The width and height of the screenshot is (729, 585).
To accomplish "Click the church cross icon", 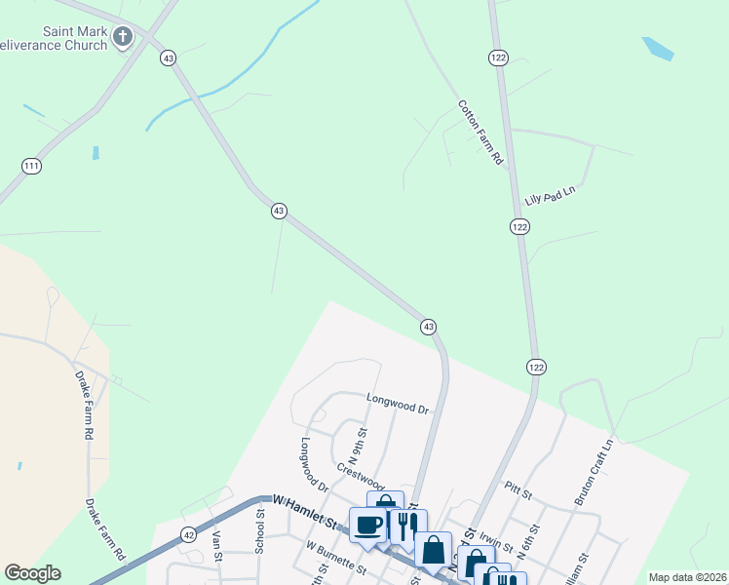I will click(x=122, y=38).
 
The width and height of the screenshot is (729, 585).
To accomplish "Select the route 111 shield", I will click(x=31, y=167).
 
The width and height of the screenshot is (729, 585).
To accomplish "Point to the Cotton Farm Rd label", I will click(x=481, y=131).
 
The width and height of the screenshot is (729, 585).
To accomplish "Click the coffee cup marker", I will click(x=368, y=525).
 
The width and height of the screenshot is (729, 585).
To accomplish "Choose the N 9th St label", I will click(x=357, y=446).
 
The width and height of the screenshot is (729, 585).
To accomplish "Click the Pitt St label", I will click(x=518, y=489).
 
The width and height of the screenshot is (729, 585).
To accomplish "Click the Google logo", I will click(x=32, y=573).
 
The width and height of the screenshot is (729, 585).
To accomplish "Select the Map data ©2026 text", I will click(x=687, y=577).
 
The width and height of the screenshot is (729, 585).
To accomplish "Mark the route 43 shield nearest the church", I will click(x=170, y=58).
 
